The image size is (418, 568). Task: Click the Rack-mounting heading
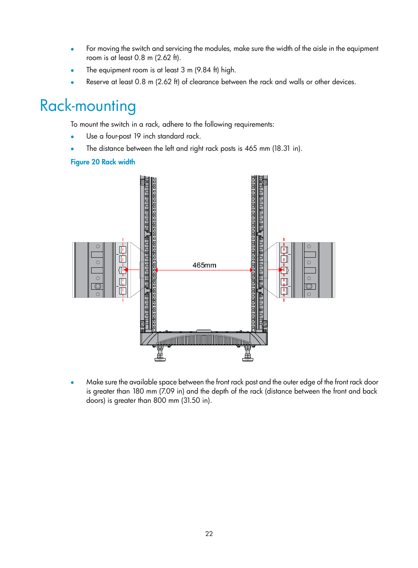pyautogui.click(x=88, y=106)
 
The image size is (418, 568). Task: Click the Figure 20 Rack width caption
pyautogui.click(x=103, y=162)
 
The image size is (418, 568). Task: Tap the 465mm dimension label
pyautogui.click(x=204, y=265)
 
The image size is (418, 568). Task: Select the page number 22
pyautogui.click(x=209, y=533)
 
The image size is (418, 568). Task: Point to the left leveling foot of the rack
pyautogui.click(x=160, y=354)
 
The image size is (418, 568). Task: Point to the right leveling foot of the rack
pyautogui.click(x=248, y=354)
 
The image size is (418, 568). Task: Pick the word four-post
pyautogui.click(x=118, y=136)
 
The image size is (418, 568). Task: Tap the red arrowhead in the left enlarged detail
pyautogui.click(x=126, y=270)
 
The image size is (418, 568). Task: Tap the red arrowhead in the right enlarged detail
pyautogui.click(x=281, y=270)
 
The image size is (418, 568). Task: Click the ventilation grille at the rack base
pyautogui.click(x=204, y=340)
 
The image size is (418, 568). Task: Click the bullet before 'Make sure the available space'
pyautogui.click(x=72, y=383)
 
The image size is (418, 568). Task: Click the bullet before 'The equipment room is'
pyautogui.click(x=72, y=71)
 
